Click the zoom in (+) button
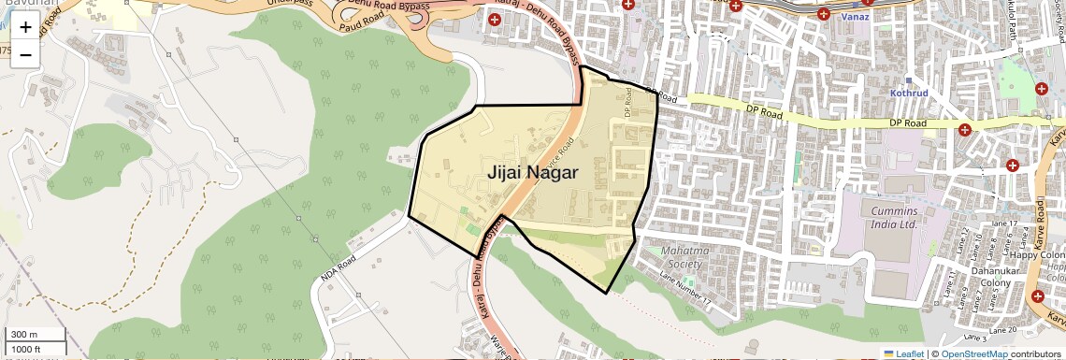[x=25, y=27]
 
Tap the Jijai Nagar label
[x=532, y=173]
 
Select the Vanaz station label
[x=855, y=17]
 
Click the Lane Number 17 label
[x=686, y=292]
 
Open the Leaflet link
[x=903, y=353]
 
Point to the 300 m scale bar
[x=36, y=335]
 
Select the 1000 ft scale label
[x=26, y=350]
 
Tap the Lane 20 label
[x=999, y=330]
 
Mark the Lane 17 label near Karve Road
[x=1001, y=223]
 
